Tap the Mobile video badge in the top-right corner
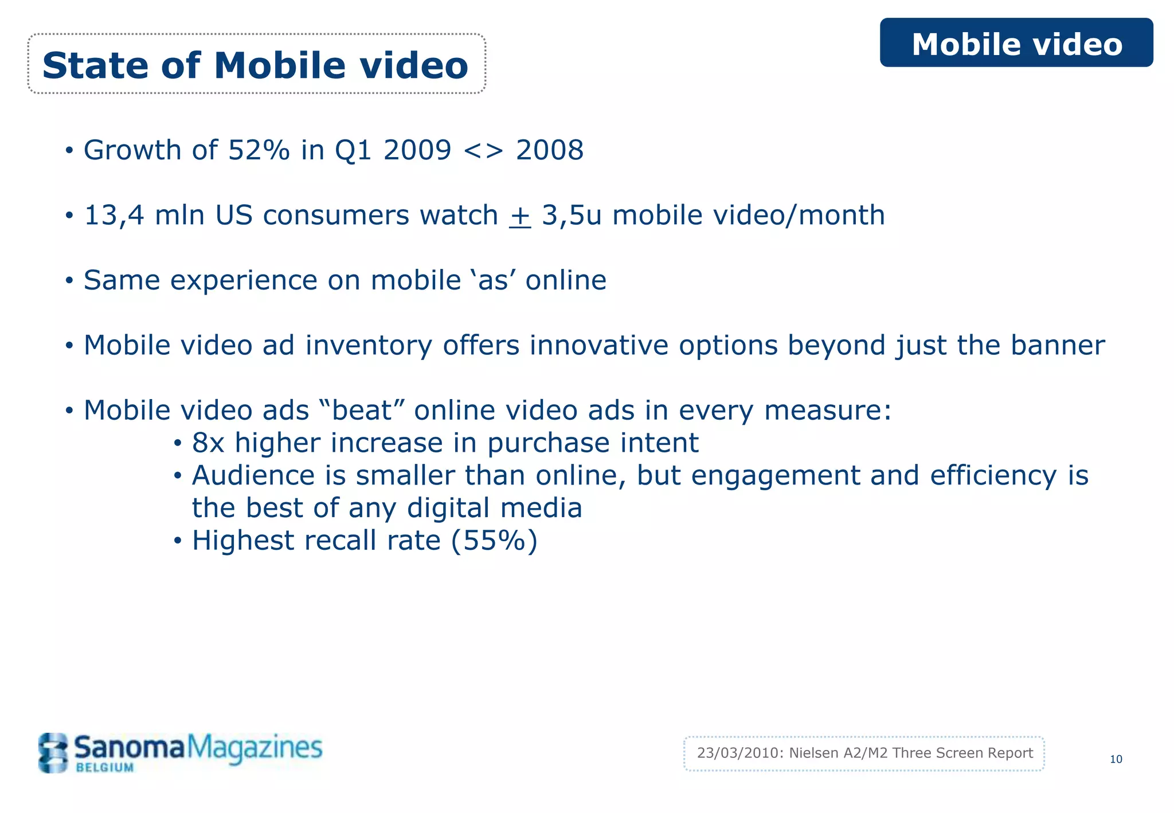point(1016,44)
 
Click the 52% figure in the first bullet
point(259,150)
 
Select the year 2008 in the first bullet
point(549,150)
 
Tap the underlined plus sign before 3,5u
point(519,216)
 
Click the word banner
point(1057,345)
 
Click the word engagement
point(775,476)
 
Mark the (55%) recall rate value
point(494,541)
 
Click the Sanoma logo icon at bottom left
point(53,752)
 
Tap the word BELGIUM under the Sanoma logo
point(105,768)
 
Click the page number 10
point(1116,759)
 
